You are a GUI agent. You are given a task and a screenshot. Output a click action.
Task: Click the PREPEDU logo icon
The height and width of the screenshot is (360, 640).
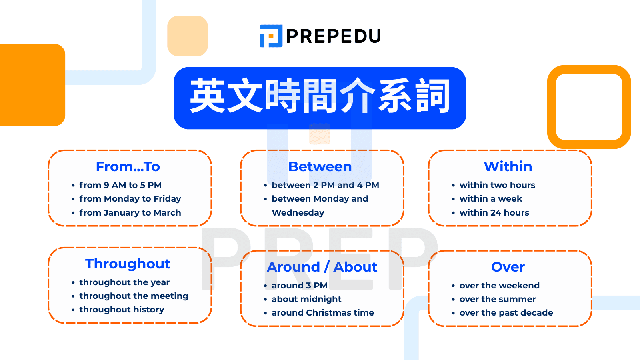click(271, 36)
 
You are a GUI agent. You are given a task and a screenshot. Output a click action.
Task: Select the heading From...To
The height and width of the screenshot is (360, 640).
click(128, 166)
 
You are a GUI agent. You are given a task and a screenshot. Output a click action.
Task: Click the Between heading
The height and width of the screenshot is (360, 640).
click(320, 166)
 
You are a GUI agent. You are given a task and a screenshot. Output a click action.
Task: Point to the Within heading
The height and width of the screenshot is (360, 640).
click(508, 166)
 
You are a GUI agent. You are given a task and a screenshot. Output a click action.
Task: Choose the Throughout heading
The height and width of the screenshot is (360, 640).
click(128, 264)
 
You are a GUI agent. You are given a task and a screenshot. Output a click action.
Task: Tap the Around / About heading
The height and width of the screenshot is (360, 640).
click(322, 267)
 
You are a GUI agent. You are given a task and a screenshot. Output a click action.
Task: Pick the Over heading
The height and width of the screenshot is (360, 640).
click(508, 267)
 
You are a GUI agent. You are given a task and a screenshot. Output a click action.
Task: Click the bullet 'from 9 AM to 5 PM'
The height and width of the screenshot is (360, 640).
click(120, 185)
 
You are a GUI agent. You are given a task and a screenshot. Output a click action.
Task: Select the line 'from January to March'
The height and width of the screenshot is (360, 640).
click(130, 213)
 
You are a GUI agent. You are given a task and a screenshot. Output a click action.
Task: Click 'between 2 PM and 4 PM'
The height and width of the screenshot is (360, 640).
click(325, 185)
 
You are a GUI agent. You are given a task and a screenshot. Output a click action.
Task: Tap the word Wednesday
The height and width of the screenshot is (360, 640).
click(298, 213)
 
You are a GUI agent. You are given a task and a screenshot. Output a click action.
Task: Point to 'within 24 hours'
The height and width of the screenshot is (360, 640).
click(494, 213)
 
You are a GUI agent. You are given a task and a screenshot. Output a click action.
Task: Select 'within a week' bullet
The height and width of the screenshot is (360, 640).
click(491, 199)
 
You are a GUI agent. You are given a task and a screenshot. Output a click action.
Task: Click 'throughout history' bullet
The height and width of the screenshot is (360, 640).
click(122, 310)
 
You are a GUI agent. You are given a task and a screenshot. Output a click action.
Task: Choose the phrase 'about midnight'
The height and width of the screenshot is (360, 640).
click(306, 299)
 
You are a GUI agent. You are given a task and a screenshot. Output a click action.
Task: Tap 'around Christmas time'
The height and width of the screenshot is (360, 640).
click(323, 313)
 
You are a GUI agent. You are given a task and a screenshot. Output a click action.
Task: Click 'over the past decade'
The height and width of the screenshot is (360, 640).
click(506, 313)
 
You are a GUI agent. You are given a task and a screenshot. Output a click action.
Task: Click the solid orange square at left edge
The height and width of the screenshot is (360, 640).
click(32, 85)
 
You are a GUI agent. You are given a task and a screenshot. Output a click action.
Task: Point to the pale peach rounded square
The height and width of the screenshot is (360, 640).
click(188, 36)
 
